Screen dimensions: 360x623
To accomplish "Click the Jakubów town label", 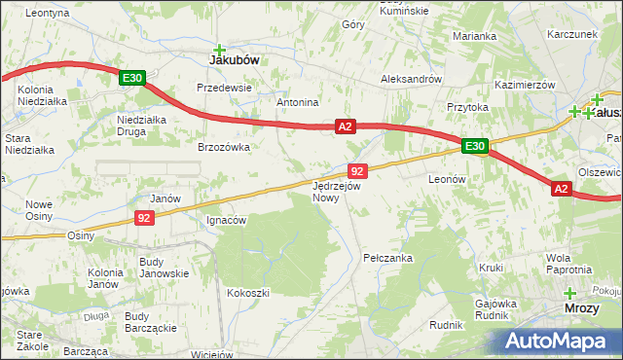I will [x=235, y=59].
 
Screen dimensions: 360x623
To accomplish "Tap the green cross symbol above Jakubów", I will [x=220, y=49].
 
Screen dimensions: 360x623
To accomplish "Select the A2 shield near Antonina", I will [x=347, y=126].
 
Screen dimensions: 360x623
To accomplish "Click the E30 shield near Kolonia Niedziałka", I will [x=133, y=77].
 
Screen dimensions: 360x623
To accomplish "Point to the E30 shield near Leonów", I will [x=474, y=146].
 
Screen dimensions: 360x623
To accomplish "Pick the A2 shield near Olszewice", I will [x=562, y=189].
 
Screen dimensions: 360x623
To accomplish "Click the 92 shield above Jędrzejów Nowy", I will [x=356, y=170].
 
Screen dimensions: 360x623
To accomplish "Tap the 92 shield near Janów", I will [x=143, y=218].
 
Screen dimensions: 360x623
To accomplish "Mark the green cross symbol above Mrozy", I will [x=569, y=293].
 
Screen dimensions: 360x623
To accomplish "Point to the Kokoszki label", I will [x=247, y=292].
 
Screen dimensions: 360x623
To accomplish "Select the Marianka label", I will [x=474, y=36].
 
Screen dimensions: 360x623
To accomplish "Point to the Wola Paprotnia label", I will [x=569, y=264].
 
